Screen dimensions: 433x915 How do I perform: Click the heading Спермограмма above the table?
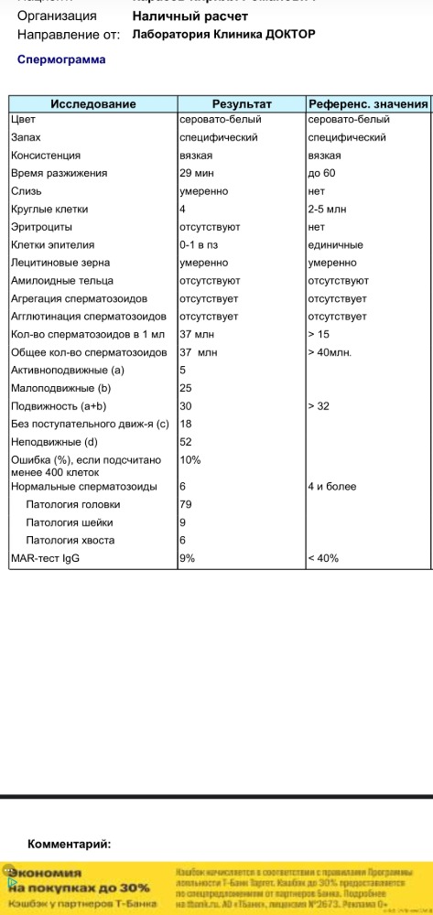61,59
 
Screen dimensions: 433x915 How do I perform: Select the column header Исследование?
92,104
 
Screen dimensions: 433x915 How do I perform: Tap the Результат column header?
241,104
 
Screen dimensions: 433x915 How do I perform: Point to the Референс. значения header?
368,104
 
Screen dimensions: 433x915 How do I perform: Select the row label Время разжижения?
59,173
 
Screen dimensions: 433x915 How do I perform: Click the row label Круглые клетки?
49,209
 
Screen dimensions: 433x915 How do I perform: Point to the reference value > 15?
320,334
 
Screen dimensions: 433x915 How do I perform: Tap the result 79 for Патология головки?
186,504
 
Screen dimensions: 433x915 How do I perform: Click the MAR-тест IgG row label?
45,558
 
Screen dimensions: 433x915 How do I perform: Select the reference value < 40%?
324,558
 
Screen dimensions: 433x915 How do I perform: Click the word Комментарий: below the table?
69,844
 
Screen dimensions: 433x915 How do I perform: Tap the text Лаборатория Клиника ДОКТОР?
223,34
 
